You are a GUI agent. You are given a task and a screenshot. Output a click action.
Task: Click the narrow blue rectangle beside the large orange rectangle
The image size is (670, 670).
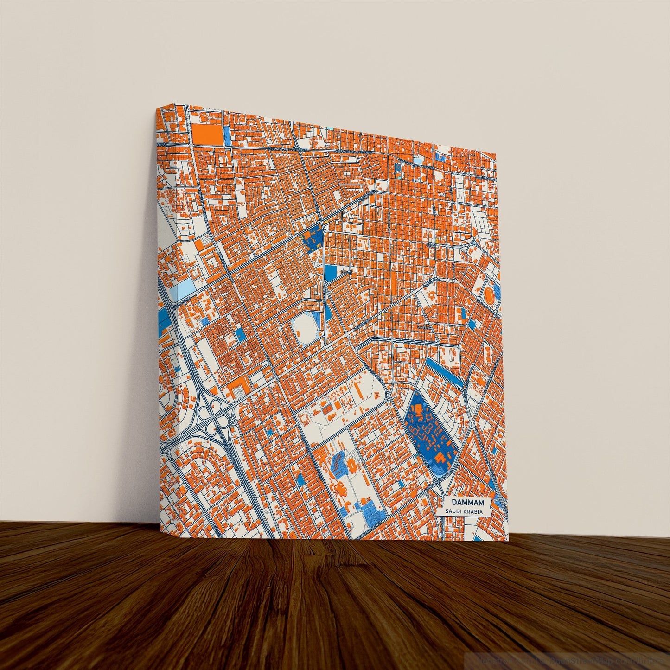coord(227,134)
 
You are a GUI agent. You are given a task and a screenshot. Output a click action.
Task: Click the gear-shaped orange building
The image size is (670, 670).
coord(352,464)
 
